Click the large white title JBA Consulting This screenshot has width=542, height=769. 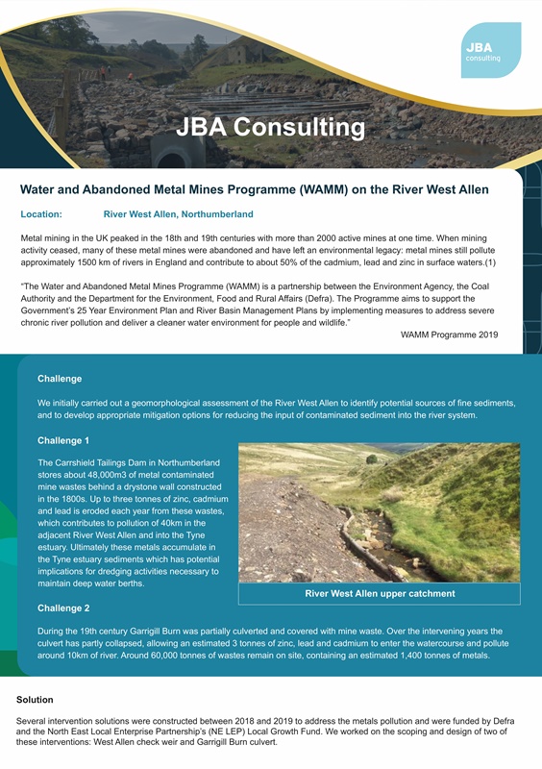[x=270, y=127]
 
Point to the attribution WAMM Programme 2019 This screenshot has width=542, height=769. [x=449, y=335]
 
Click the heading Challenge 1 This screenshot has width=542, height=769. [x=63, y=440]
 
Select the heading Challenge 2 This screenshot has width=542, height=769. [x=63, y=608]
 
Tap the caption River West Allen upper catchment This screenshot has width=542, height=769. [x=380, y=593]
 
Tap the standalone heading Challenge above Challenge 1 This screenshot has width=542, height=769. [x=59, y=379]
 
